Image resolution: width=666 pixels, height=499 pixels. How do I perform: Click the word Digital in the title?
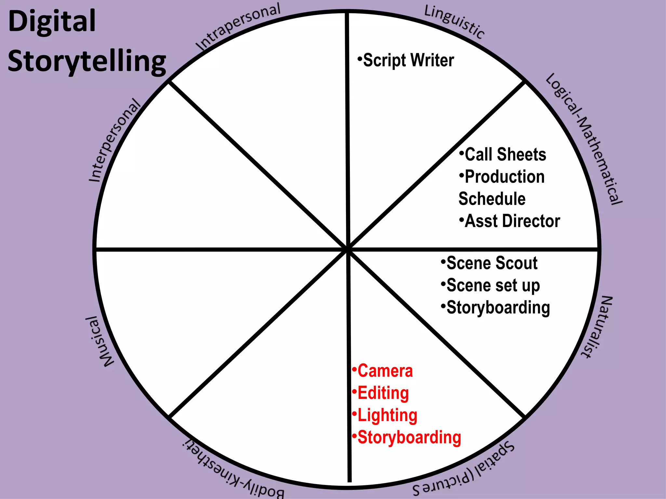point(52,21)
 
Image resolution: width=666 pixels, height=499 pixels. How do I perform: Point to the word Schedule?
point(492,199)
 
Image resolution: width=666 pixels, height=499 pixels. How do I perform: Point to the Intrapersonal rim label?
point(238,27)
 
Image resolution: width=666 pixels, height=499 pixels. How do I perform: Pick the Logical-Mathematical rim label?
point(584,138)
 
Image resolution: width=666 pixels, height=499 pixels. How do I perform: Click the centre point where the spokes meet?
point(348,249)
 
